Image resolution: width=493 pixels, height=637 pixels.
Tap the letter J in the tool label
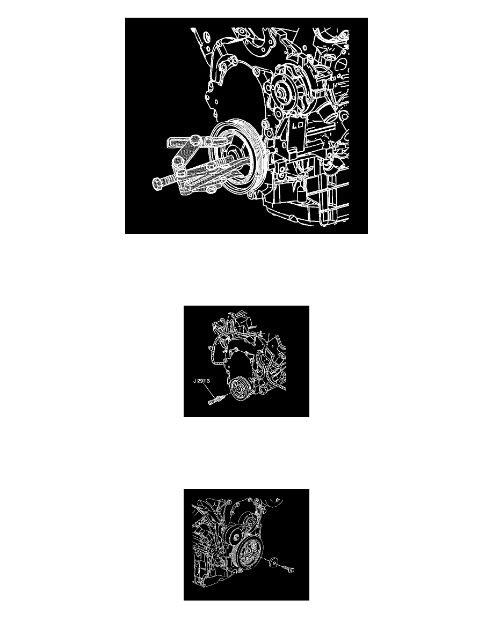coord(195,382)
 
